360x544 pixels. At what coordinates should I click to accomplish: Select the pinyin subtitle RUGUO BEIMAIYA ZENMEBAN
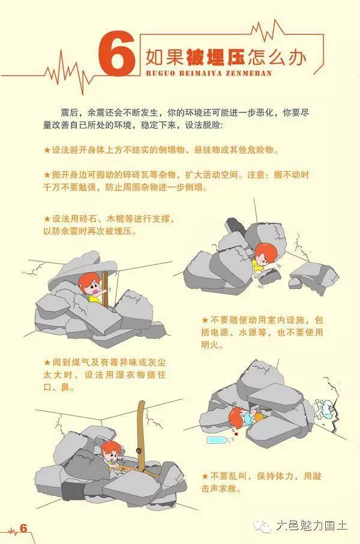209,73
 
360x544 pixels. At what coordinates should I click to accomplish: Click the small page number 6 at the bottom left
23,528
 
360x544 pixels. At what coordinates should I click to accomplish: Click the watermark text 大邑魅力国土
311,527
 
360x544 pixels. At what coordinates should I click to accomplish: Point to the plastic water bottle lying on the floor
217,440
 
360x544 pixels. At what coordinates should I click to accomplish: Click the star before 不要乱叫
205,476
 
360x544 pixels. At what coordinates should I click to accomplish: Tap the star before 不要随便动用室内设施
205,320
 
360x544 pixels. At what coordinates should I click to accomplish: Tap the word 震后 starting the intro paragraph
70,112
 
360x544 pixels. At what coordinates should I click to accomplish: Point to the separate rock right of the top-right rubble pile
312,276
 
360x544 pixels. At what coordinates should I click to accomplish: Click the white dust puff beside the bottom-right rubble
322,408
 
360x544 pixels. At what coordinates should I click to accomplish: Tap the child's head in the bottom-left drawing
110,450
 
